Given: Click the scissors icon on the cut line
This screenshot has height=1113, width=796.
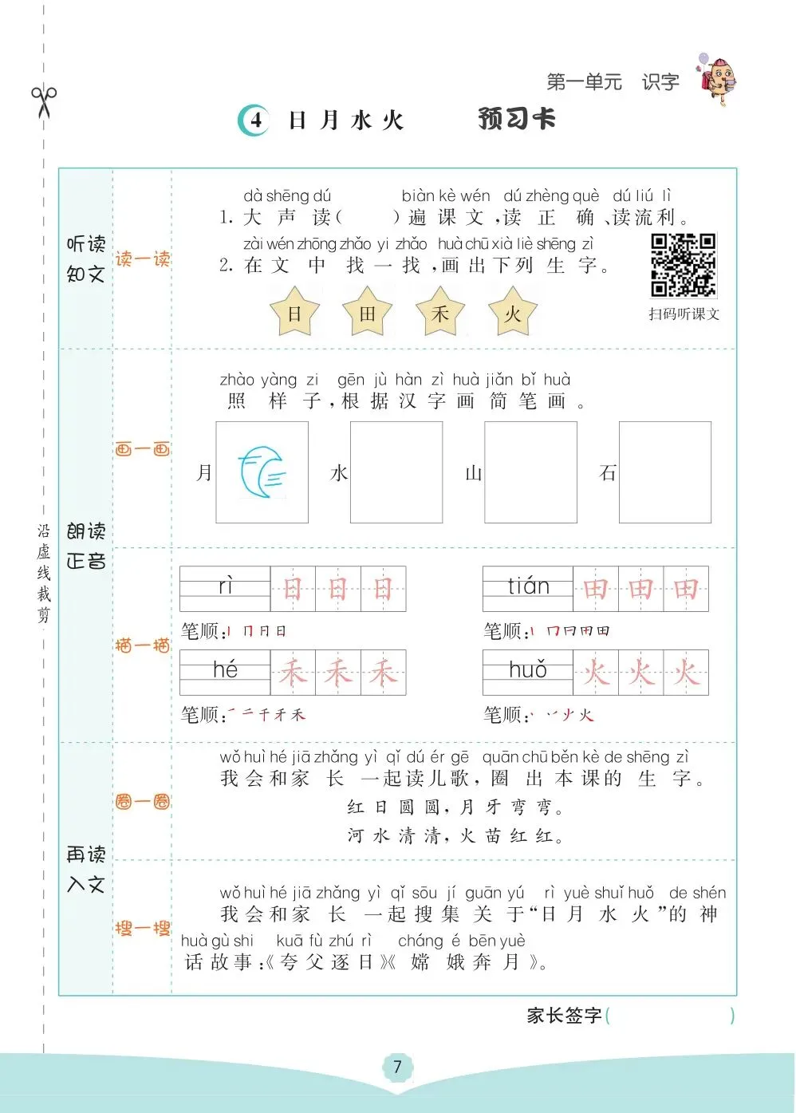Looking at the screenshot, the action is click(44, 101).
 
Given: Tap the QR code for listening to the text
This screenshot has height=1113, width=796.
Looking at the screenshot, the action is click(683, 265).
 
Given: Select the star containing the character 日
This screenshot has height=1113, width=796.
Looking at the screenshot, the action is click(294, 313).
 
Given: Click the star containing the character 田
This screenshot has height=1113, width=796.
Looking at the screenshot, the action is click(367, 313).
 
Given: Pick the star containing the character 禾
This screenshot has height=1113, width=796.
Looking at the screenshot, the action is click(440, 313).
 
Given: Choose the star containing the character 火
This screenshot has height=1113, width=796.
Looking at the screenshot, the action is click(512, 313).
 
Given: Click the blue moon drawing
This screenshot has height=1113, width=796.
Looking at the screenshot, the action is click(262, 472).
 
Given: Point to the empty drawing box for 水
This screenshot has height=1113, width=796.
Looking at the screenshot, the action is click(396, 472).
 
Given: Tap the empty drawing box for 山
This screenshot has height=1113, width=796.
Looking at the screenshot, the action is click(530, 472).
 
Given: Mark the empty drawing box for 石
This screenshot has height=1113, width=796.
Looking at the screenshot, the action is click(664, 472).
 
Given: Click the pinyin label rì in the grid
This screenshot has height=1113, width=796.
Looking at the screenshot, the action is click(225, 586).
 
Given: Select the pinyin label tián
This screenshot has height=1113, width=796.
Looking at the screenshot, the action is click(528, 586).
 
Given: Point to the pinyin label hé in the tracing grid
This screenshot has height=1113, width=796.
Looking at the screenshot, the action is click(225, 669).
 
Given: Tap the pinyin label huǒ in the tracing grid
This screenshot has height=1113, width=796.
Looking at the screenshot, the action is click(528, 669).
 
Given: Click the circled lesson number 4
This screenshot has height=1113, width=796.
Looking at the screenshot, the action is click(254, 120).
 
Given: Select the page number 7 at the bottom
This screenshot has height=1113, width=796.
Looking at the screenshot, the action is click(397, 1067).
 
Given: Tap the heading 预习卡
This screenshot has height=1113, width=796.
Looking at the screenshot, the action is click(517, 119).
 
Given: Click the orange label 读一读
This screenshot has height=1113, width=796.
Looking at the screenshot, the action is click(142, 259).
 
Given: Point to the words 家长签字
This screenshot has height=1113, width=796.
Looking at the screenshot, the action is click(564, 1015).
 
